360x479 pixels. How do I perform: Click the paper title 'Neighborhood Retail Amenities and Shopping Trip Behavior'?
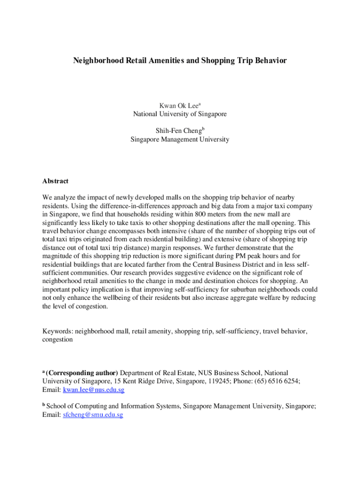point(180,61)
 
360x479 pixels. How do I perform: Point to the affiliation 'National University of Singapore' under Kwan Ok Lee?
point(180,114)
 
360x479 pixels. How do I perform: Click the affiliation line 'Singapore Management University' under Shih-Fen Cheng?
point(180,139)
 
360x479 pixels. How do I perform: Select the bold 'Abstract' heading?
point(55,181)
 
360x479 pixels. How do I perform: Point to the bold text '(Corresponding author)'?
point(82,373)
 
